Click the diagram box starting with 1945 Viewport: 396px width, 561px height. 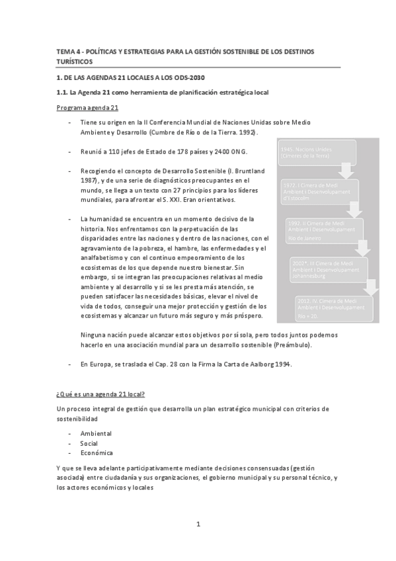point(307,153)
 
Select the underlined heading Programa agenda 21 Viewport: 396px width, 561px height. point(88,107)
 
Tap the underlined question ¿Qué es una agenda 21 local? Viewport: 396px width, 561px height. point(101,394)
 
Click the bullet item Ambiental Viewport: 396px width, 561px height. point(96,433)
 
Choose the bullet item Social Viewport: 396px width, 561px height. point(89,443)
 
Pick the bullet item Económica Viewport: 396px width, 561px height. point(97,453)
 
